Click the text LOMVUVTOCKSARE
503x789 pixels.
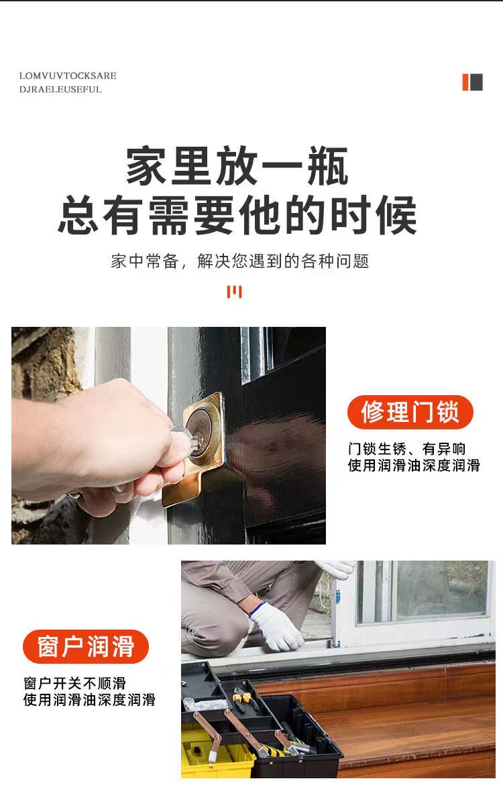pyautogui.click(x=68, y=76)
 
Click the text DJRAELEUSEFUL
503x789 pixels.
pyautogui.click(x=60, y=89)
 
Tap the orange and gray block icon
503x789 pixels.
pyautogui.click(x=472, y=82)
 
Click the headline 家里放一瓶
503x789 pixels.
pyautogui.click(x=237, y=165)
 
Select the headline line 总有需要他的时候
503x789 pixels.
pyautogui.click(x=237, y=216)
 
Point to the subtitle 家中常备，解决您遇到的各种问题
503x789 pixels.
pyautogui.click(x=240, y=261)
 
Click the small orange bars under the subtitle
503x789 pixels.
pyautogui.click(x=234, y=292)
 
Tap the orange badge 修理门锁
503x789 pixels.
pyautogui.click(x=410, y=412)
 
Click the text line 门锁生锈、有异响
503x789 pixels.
pyautogui.click(x=406, y=448)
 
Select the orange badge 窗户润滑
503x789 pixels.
pyautogui.click(x=86, y=646)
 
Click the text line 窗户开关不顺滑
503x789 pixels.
pyautogui.click(x=74, y=683)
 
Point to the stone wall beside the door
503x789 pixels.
pyautogui.click(x=46, y=362)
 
